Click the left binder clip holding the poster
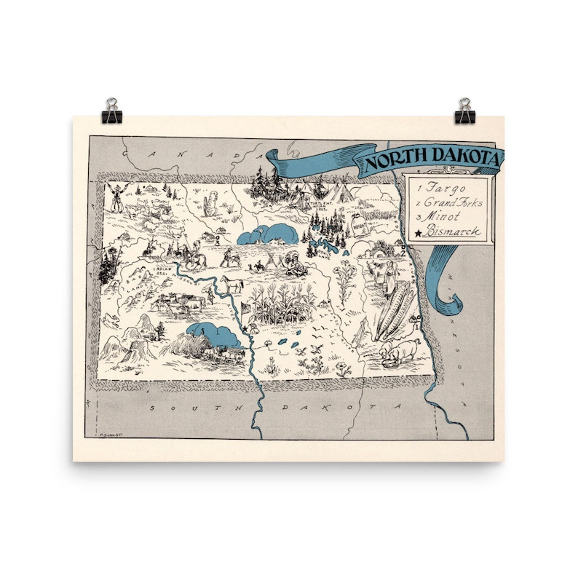(x=113, y=112)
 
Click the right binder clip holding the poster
(x=464, y=112)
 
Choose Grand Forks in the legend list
(x=453, y=202)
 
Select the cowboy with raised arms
(x=116, y=196)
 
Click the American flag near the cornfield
(x=246, y=308)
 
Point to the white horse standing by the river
(x=233, y=282)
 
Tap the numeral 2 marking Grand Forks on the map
(x=401, y=254)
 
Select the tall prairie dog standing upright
(x=210, y=204)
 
